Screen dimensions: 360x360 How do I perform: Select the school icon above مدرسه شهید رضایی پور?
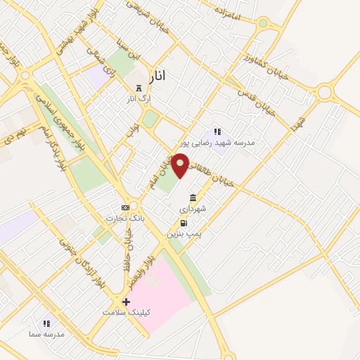coord(217,131)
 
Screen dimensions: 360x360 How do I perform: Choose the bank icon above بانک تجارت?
coord(125,207)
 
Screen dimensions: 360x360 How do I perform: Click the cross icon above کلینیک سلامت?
coord(126,302)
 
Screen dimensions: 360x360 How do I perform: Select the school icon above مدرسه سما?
coord(46,323)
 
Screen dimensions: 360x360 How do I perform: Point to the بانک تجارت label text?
coord(120,218)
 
